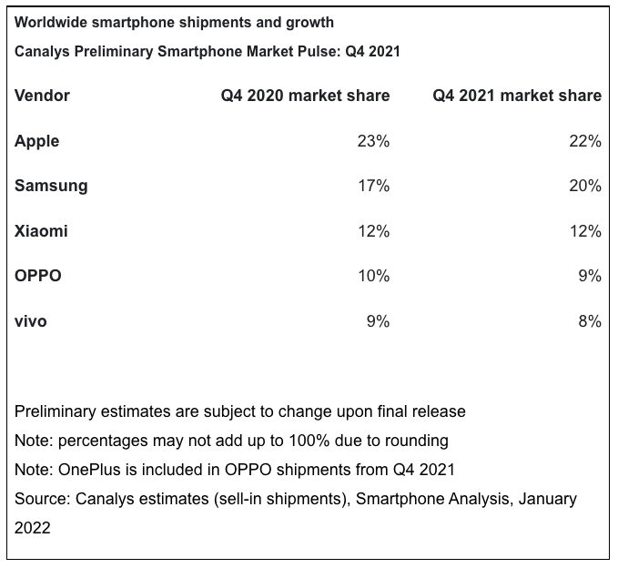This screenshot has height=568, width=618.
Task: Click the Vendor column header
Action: coord(42,96)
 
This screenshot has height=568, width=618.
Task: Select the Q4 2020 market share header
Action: coord(305,96)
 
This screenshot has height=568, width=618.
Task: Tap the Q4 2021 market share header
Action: coord(516,96)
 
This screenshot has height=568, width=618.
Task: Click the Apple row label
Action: coord(37,141)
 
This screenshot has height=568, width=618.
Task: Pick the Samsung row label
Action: coord(51,186)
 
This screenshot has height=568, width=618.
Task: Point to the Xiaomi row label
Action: coord(41,231)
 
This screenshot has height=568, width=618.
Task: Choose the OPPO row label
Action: coord(38,276)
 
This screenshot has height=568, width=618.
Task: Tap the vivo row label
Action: coord(31,320)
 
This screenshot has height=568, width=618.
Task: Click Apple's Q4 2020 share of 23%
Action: coord(373,141)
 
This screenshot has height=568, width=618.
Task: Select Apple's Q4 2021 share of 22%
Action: coord(585,141)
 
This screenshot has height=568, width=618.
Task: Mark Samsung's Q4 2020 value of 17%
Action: coord(373,186)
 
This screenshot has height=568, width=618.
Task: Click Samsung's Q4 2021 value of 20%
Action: coord(585,186)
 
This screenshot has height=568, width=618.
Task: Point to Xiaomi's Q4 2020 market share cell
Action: coord(373,231)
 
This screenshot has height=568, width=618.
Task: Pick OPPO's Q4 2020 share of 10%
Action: coord(373,276)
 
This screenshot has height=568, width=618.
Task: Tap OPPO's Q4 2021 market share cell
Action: coord(590,276)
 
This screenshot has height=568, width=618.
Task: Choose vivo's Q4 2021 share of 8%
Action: coord(590,320)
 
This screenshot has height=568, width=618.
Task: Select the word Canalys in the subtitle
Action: coord(41,52)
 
